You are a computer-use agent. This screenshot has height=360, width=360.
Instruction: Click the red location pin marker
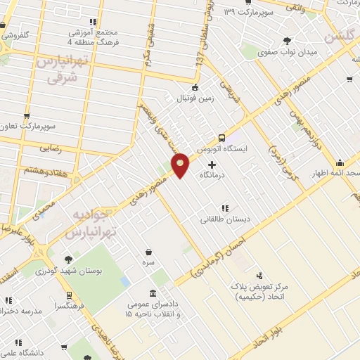(181, 165)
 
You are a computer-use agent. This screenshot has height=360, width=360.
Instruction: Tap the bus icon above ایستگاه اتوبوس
(222, 138)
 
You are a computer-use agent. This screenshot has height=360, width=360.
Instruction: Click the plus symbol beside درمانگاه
(212, 164)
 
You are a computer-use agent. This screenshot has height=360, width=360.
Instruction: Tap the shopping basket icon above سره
(148, 251)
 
